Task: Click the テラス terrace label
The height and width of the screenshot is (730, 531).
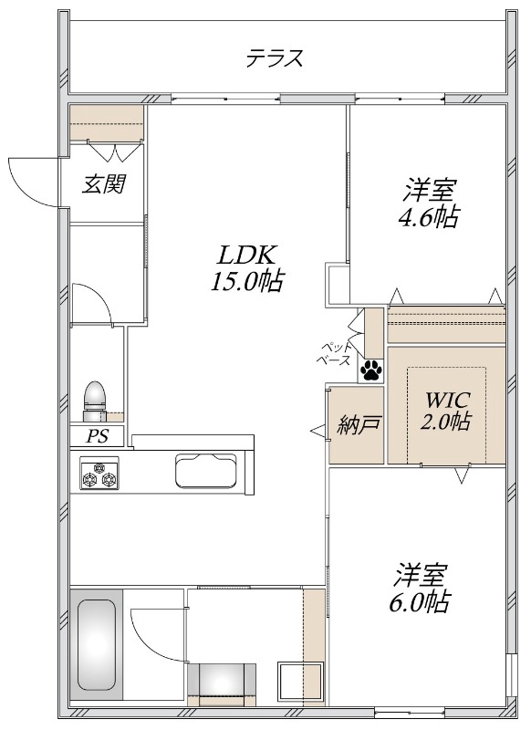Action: point(275,58)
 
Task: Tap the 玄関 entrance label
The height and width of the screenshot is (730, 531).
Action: point(104,183)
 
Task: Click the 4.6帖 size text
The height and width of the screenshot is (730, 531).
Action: point(428,216)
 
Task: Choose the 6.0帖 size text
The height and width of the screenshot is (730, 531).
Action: point(419,602)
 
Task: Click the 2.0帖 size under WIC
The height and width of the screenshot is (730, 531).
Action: point(445,421)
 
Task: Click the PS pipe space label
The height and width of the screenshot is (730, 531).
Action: point(98,436)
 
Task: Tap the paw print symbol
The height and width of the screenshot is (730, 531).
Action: point(371,371)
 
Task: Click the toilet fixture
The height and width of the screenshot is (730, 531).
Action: point(96,401)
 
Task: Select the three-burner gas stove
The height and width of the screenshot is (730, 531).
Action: point(99,473)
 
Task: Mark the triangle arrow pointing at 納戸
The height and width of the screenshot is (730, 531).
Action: point(318,432)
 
